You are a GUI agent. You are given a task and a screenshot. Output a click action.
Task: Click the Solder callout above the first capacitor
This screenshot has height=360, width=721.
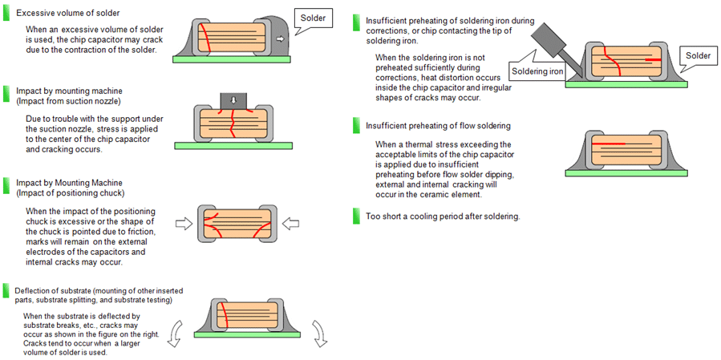(313, 18)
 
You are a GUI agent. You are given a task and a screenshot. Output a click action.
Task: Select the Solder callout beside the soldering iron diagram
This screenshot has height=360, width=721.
(697, 55)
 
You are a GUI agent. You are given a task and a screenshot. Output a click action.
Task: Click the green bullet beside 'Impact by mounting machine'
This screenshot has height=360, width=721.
(7, 91)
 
